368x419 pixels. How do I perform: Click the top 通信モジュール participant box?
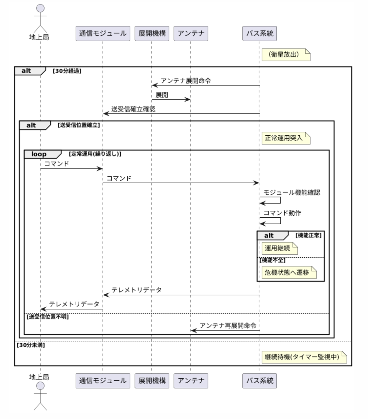103,34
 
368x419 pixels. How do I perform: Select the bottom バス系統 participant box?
260,381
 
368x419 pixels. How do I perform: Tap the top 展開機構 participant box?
152,34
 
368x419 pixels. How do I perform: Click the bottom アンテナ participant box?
191,381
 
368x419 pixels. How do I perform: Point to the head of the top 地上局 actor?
40,8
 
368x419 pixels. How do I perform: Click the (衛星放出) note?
286,55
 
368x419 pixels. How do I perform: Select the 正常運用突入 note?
286,138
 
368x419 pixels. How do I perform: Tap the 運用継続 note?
280,249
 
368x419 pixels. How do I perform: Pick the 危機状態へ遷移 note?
289,272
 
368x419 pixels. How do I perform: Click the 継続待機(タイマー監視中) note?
304,357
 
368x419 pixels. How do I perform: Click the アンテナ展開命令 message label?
186,81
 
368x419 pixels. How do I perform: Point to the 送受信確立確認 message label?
133,109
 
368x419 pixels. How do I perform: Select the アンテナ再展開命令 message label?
228,326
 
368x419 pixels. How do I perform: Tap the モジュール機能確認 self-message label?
292,193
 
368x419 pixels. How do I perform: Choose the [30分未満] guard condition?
31,345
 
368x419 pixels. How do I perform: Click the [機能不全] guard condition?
273,260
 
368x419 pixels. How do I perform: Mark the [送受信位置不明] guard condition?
48,317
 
